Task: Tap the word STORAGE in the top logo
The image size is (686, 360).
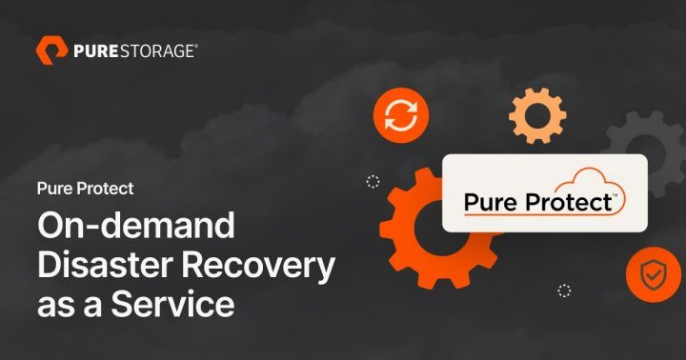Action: coord(157,50)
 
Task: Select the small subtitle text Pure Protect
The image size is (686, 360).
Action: coord(85,189)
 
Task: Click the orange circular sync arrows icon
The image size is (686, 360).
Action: coord(400,116)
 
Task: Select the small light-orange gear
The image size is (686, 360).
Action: coord(537,116)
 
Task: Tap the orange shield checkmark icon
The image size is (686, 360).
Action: coord(653,275)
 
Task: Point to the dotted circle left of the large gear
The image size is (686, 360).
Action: coord(373,182)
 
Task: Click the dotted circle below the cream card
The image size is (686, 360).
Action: coord(564,290)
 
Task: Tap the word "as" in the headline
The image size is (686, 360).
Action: coord(56,307)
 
